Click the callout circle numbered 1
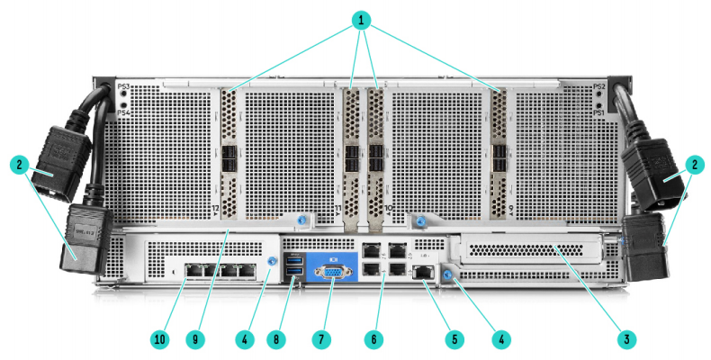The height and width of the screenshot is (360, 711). [x=361, y=19]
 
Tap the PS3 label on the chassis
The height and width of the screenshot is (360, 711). [x=124, y=85]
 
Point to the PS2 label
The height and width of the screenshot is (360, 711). [x=598, y=85]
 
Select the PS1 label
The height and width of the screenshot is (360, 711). [x=598, y=114]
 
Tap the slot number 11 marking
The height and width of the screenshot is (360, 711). [x=338, y=209]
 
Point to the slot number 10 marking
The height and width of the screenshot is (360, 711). [x=387, y=209]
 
